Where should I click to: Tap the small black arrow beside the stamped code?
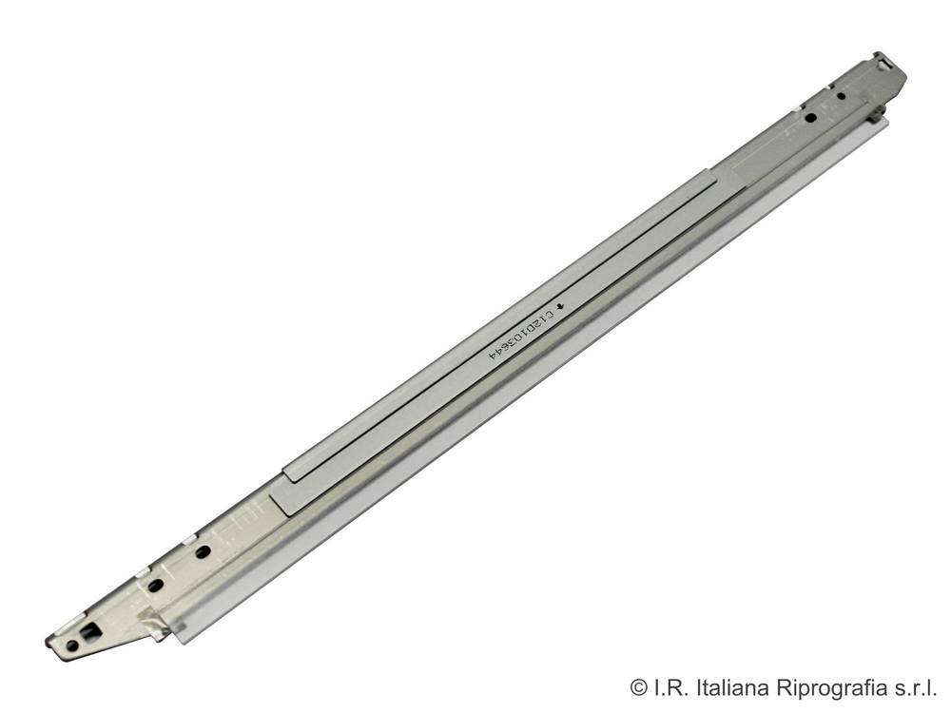pyautogui.click(x=560, y=305)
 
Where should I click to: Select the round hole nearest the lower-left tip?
pyautogui.click(x=71, y=646)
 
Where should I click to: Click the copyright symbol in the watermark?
pyautogui.click(x=639, y=687)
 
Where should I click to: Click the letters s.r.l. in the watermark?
pyautogui.click(x=915, y=687)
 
